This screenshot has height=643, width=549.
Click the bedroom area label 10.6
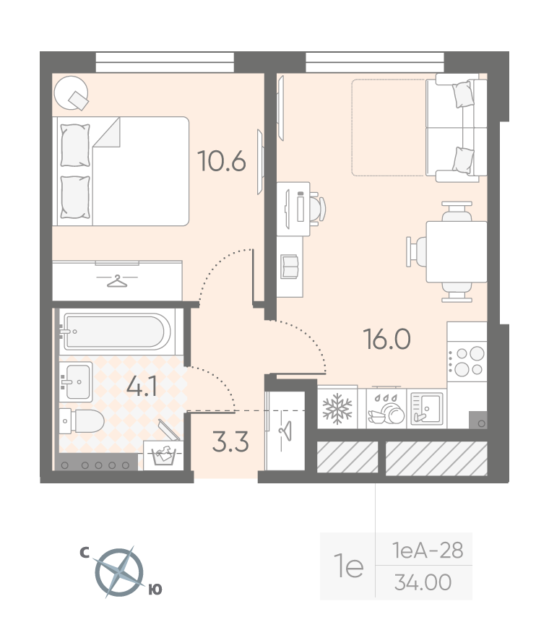(x=221, y=160)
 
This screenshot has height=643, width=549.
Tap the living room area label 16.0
(x=387, y=339)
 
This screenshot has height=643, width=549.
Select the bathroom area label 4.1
(x=142, y=387)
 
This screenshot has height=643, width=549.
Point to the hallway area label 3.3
(x=230, y=442)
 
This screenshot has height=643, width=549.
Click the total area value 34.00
(x=423, y=582)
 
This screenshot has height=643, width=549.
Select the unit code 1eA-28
(x=428, y=551)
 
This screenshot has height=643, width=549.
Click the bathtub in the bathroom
(x=116, y=332)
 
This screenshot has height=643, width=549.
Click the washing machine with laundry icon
(x=163, y=454)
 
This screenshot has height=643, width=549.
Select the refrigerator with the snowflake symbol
(x=337, y=408)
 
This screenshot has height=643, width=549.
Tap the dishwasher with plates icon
(x=386, y=408)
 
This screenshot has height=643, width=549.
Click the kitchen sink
(x=426, y=408)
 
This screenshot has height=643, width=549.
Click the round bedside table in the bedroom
(x=72, y=92)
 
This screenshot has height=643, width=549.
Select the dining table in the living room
(x=457, y=252)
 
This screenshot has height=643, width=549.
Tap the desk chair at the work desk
(x=317, y=209)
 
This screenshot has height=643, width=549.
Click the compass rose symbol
(x=120, y=572)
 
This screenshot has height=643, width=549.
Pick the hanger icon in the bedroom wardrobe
(x=117, y=281)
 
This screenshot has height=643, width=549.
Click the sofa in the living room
(x=457, y=128)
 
